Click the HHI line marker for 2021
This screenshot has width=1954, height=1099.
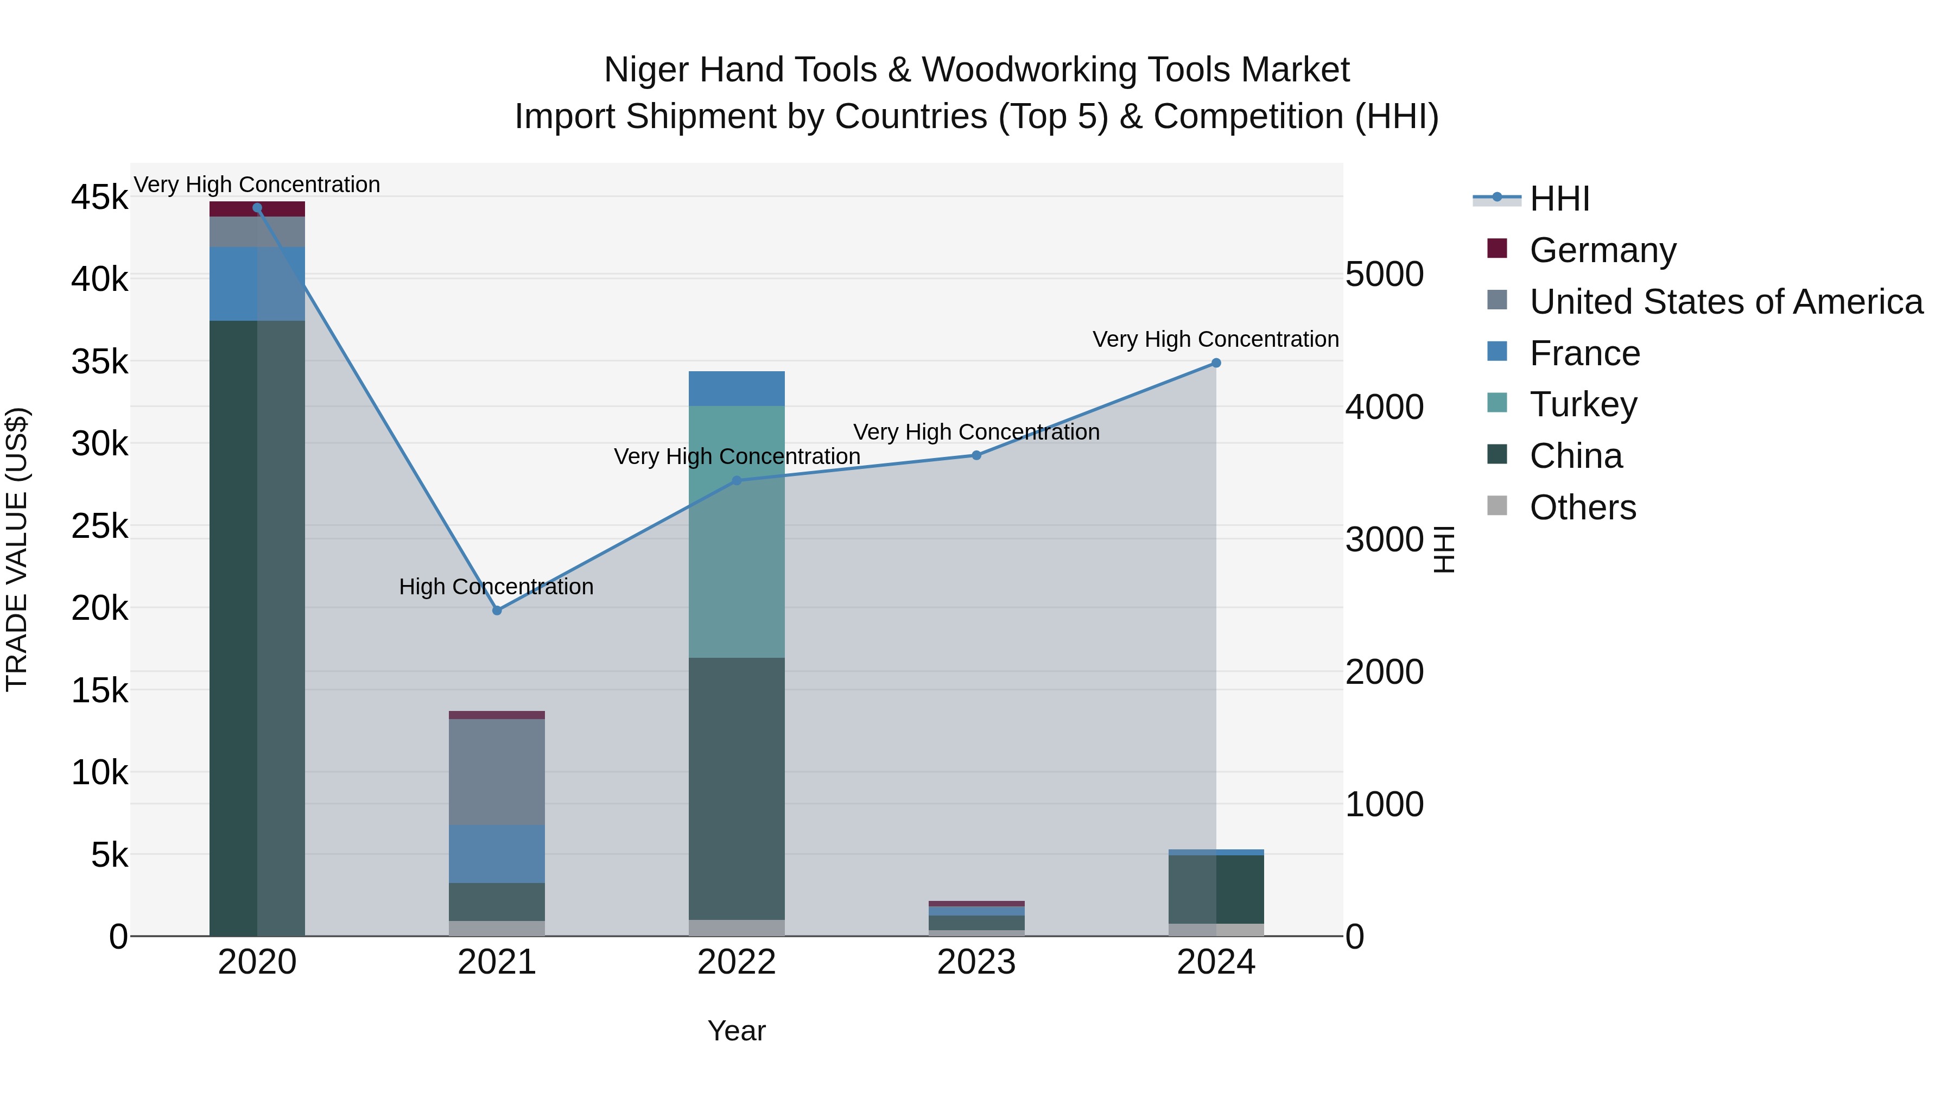[497, 611]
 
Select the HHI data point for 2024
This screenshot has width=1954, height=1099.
[1216, 363]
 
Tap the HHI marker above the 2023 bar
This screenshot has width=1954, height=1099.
[976, 456]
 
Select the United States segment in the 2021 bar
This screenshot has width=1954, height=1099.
[497, 771]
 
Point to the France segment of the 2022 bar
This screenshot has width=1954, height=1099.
[737, 389]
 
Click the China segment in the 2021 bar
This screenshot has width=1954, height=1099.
[497, 902]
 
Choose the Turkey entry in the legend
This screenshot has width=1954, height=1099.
[1583, 404]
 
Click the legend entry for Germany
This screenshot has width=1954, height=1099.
[1602, 250]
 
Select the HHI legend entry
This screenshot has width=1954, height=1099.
[1559, 199]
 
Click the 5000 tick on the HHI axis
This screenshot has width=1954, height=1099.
[1384, 275]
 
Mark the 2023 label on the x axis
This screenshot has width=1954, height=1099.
[976, 962]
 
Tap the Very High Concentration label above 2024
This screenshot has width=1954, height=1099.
[1215, 339]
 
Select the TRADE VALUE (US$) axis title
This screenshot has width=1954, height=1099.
[17, 549]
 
